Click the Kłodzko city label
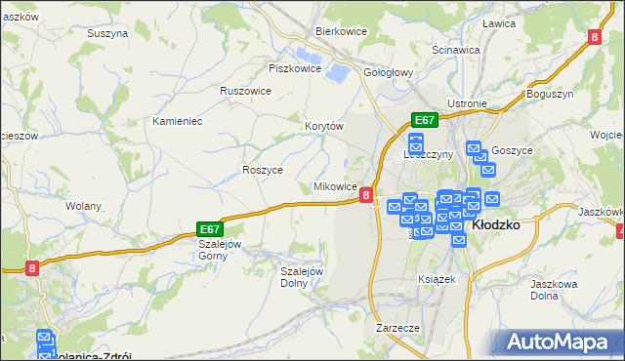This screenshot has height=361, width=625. [x=496, y=223]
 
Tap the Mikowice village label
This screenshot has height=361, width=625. [x=334, y=186]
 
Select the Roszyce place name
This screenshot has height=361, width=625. [x=262, y=169]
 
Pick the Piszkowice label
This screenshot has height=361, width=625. [x=295, y=68]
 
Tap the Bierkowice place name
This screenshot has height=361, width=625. [x=340, y=30]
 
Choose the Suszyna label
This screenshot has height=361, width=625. [x=107, y=33]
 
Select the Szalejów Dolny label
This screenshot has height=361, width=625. [x=302, y=277]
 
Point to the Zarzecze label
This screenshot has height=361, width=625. [x=397, y=328]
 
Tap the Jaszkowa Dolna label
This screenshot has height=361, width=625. [x=556, y=289]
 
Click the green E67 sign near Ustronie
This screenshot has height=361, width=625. [x=424, y=120]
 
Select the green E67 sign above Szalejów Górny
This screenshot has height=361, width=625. [x=211, y=225]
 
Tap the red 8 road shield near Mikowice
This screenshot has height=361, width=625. [x=365, y=195]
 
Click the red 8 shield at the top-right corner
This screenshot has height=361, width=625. [x=595, y=37]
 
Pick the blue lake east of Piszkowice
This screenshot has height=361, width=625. [x=339, y=71]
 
